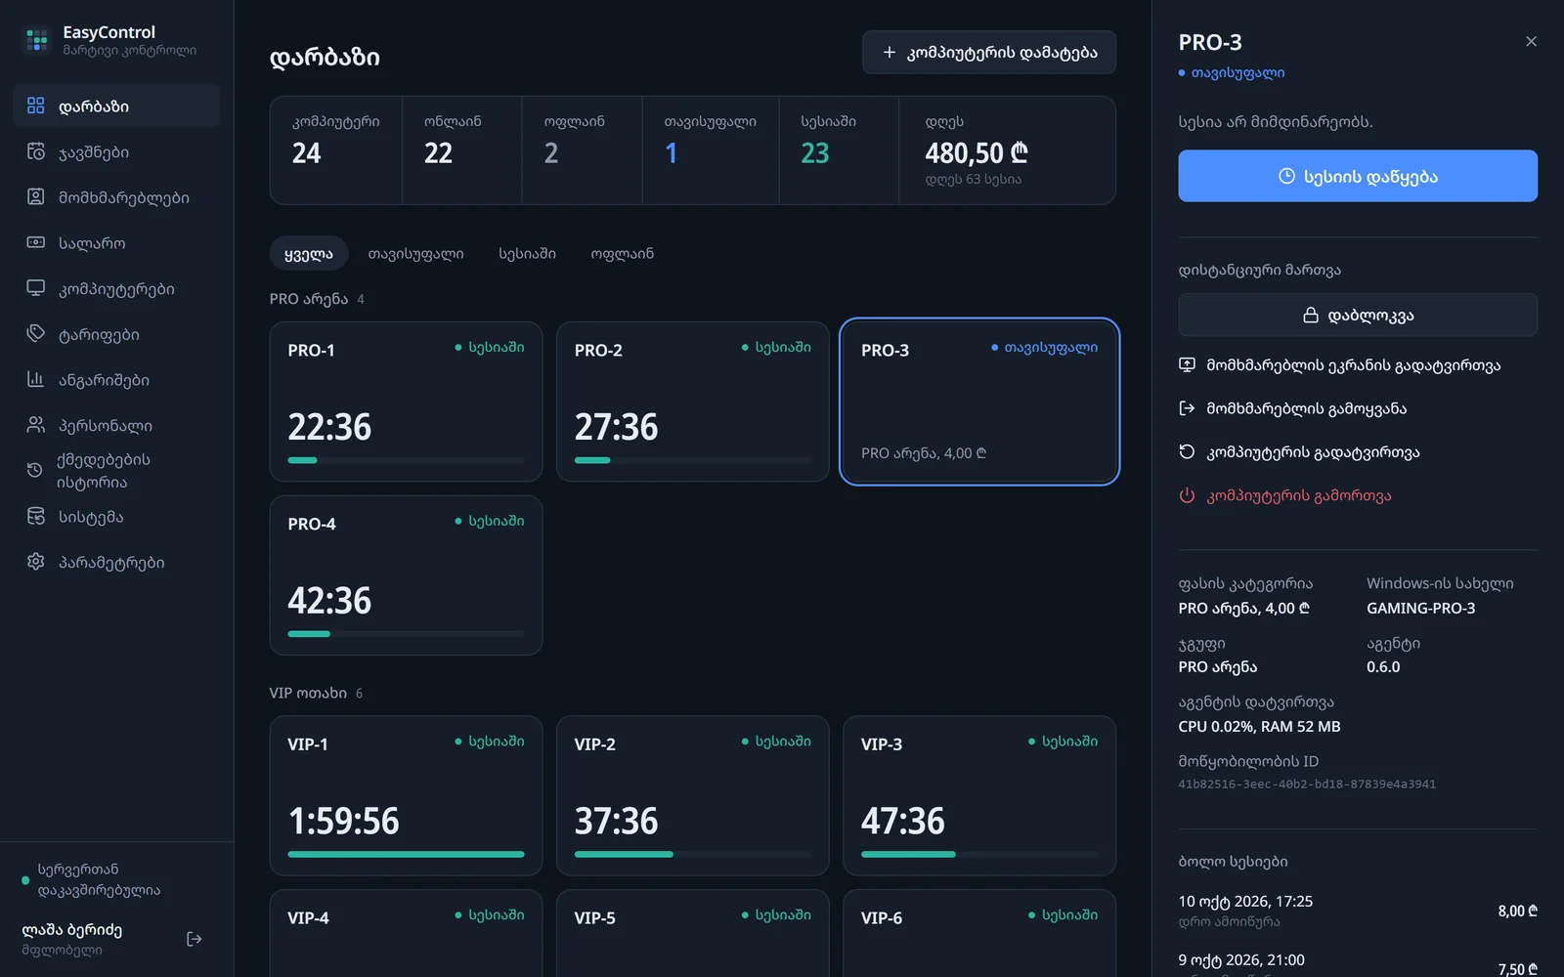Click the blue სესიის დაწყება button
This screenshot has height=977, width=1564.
[x=1358, y=176]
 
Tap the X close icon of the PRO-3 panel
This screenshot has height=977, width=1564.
[x=1531, y=42]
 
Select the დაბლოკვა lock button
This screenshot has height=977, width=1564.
[x=1358, y=315]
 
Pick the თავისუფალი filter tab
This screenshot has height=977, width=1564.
[x=415, y=253]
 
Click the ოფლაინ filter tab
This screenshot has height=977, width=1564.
[x=622, y=253]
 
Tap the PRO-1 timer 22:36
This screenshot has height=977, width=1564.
[x=329, y=426]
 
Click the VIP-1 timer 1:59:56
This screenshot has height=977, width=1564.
[x=343, y=821]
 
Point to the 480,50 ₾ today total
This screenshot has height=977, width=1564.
[x=977, y=152]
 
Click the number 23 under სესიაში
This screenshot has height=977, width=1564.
[x=815, y=152]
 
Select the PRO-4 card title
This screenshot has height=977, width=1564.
[x=312, y=524]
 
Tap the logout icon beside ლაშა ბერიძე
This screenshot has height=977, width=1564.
[x=195, y=939]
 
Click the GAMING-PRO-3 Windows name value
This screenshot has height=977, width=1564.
[x=1421, y=608]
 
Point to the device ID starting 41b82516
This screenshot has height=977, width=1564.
[x=1307, y=784]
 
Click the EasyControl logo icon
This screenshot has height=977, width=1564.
[x=36, y=39]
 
